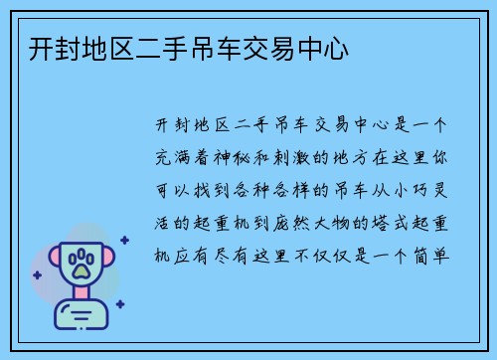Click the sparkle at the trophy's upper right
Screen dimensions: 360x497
[x=124, y=240]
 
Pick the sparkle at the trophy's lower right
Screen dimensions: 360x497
[x=119, y=304]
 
